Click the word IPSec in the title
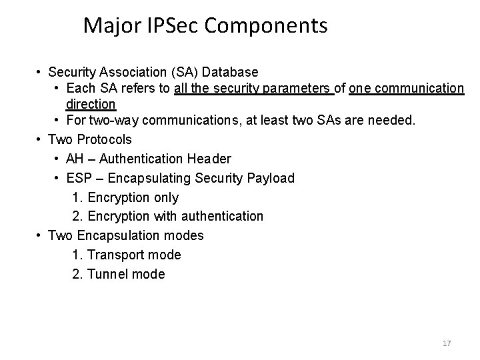pos(178,25)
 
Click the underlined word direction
pos(91,104)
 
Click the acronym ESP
pos(79,178)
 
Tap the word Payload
pos(271,178)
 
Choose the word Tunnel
pos(110,274)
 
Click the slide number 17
pos(447,343)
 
